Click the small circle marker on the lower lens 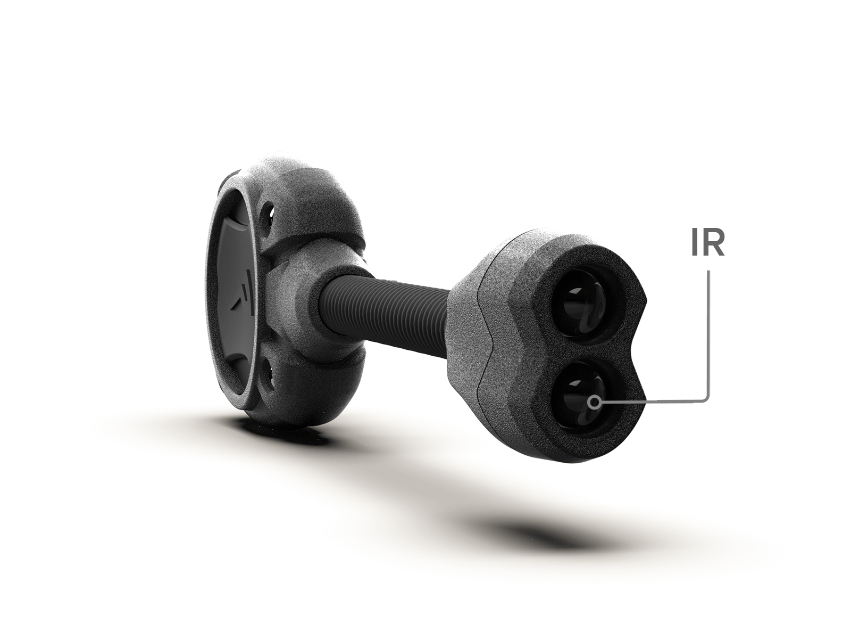pos(593,402)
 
